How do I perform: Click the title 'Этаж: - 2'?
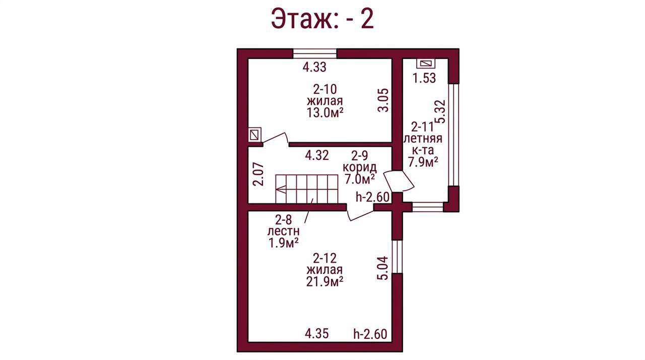click(322, 19)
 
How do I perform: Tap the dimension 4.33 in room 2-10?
click(314, 68)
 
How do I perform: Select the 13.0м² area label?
click(325, 112)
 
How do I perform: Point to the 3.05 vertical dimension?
click(383, 100)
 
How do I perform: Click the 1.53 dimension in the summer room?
click(424, 78)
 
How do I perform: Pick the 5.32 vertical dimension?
click(440, 112)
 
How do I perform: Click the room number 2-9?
click(360, 156)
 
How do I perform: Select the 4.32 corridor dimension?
click(317, 155)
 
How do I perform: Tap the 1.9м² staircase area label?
click(283, 243)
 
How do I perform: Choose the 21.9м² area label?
click(325, 281)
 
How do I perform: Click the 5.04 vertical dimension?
click(383, 268)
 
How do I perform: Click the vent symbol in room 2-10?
click(254, 135)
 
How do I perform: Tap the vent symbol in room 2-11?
click(426, 64)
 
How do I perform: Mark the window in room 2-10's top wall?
click(315, 53)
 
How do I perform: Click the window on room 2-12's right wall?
click(397, 257)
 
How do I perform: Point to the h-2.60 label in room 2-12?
click(370, 334)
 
